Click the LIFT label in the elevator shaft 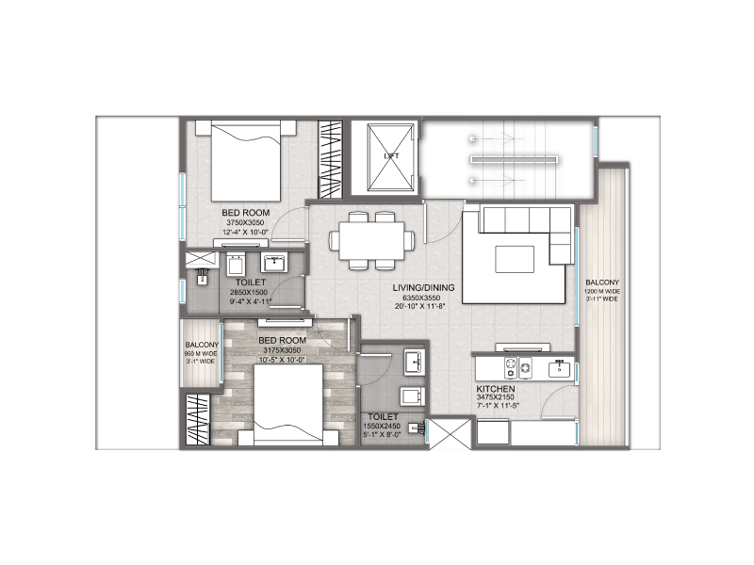pyautogui.click(x=388, y=155)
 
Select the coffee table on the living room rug pyautogui.click(x=516, y=258)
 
